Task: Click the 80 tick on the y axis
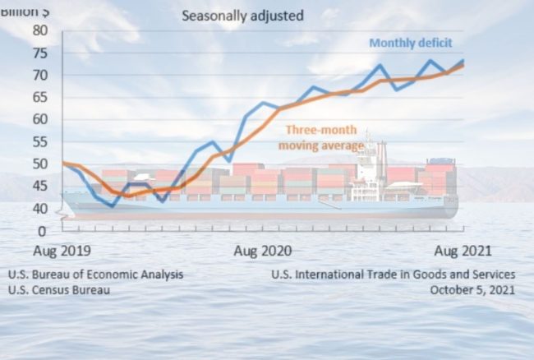tap(41, 30)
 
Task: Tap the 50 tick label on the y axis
tap(41, 164)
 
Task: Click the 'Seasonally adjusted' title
tap(242, 16)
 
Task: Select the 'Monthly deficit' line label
tap(411, 43)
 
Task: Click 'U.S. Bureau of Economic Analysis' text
tap(96, 275)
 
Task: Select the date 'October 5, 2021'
tap(472, 289)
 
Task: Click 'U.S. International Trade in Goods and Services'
tap(394, 275)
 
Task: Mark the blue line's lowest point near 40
tap(112, 206)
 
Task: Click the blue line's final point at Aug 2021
tap(463, 61)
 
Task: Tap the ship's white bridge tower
tap(367, 168)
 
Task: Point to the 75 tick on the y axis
tap(41, 53)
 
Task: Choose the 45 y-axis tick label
tap(41, 186)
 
